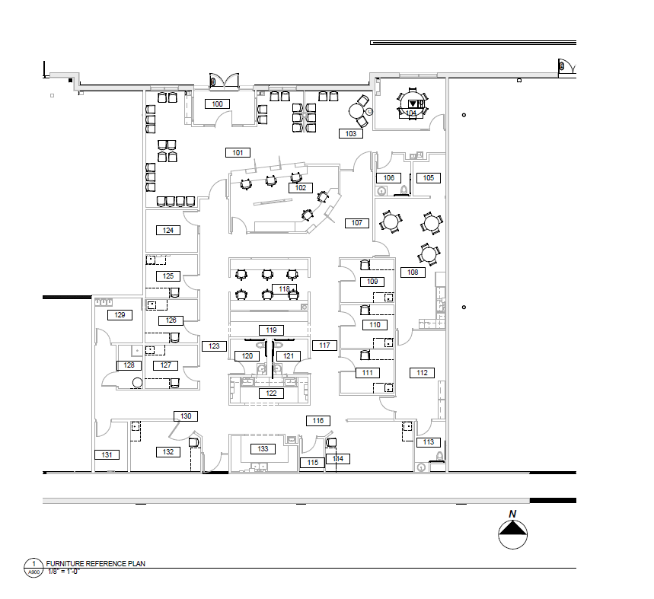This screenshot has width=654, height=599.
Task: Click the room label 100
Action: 217,104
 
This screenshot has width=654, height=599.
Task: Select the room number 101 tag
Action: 238,152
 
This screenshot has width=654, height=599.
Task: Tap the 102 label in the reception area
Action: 300,187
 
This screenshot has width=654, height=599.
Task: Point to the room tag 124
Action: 168,230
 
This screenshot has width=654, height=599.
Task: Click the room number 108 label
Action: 413,272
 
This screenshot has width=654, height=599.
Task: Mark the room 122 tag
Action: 270,393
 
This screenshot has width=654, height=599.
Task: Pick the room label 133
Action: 263,449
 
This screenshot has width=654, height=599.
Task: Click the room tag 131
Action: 107,455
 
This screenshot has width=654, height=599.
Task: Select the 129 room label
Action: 120,314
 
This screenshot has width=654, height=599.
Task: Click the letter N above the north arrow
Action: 513,513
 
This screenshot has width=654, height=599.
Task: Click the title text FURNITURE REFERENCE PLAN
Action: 96,563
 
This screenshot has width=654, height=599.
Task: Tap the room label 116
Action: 317,421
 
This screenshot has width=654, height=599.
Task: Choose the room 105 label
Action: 428,178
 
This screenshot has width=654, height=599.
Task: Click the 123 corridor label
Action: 214,346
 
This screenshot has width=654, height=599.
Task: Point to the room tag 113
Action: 428,442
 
